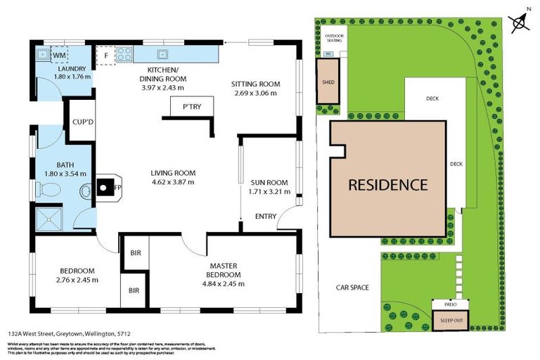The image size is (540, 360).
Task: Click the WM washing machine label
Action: point(58,54)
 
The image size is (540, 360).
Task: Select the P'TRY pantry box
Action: point(191,107)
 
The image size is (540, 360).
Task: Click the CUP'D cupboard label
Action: point(83,122)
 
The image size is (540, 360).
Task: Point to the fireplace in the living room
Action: point(105,187)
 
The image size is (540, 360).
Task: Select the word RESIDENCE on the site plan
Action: point(388,186)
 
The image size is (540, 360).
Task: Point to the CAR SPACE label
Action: point(352,287)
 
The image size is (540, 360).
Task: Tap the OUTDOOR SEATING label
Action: point(334,39)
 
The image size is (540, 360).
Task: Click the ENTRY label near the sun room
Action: point(265,216)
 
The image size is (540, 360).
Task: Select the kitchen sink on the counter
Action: point(162,53)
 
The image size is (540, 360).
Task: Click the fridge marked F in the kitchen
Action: point(106,53)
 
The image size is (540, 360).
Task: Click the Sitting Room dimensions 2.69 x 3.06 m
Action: point(255,93)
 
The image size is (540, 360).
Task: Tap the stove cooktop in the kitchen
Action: point(124,53)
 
